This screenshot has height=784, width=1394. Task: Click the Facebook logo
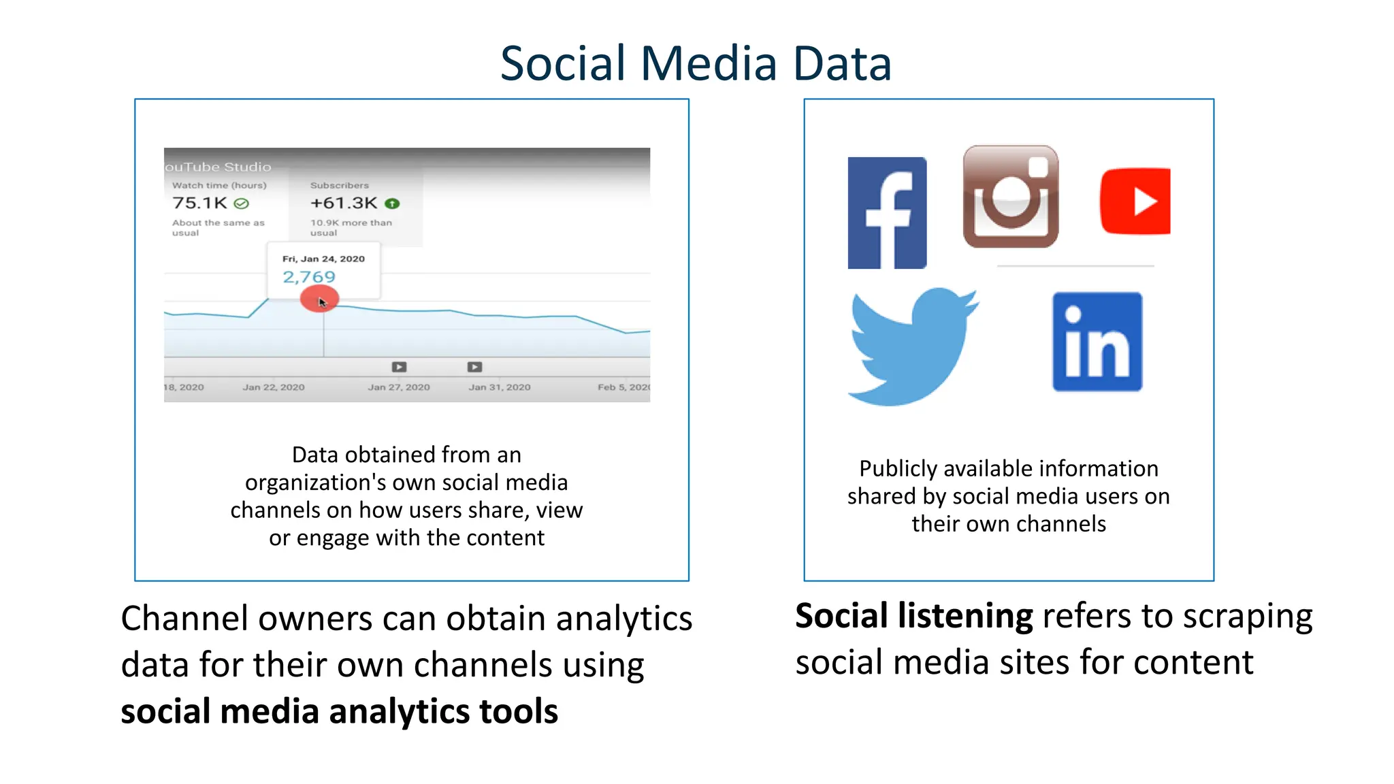pyautogui.click(x=887, y=213)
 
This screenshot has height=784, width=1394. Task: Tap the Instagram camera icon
pyautogui.click(x=1011, y=197)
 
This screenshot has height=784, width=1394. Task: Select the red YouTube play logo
pyautogui.click(x=1135, y=201)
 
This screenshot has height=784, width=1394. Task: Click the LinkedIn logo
pyautogui.click(x=1097, y=342)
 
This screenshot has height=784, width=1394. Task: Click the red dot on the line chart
pyautogui.click(x=319, y=299)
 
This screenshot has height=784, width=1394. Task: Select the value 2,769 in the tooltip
pyautogui.click(x=309, y=277)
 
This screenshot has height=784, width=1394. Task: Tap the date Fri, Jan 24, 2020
pyautogui.click(x=323, y=259)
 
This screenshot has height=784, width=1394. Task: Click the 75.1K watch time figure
pyautogui.click(x=199, y=203)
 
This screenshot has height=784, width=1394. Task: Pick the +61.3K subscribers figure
pyautogui.click(x=344, y=203)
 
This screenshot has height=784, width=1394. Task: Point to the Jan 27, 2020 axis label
pyautogui.click(x=399, y=387)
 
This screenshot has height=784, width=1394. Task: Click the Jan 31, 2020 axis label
pyautogui.click(x=500, y=387)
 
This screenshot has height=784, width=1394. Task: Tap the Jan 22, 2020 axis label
pyautogui.click(x=274, y=387)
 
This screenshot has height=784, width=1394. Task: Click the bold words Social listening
pyautogui.click(x=913, y=616)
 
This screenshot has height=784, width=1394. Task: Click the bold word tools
pyautogui.click(x=518, y=711)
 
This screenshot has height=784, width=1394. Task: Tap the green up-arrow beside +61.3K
pyautogui.click(x=392, y=203)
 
